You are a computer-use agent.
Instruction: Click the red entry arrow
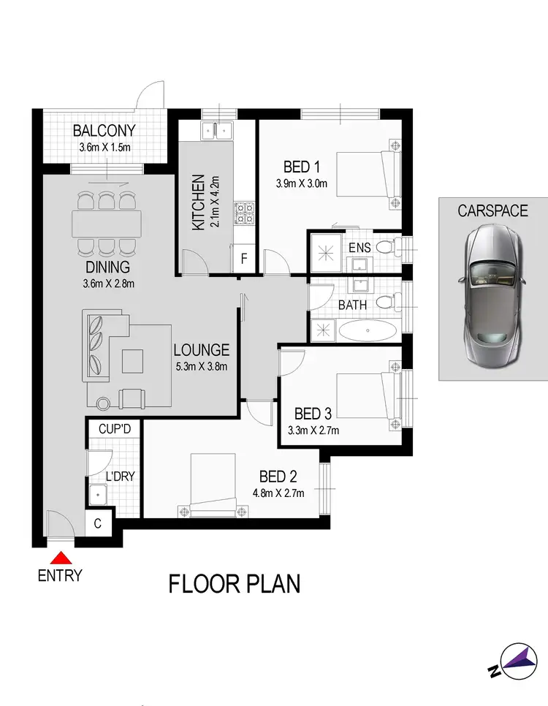tap(61, 557)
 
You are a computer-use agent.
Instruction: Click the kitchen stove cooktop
tap(243, 213)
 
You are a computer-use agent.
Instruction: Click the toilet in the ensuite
tap(389, 247)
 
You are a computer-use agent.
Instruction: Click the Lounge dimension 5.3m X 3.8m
tap(201, 365)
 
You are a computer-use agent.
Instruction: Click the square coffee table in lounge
tap(133, 360)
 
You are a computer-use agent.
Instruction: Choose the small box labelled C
tap(99, 524)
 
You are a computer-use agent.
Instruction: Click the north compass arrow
tap(517, 658)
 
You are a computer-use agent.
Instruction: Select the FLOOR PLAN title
tap(235, 585)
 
